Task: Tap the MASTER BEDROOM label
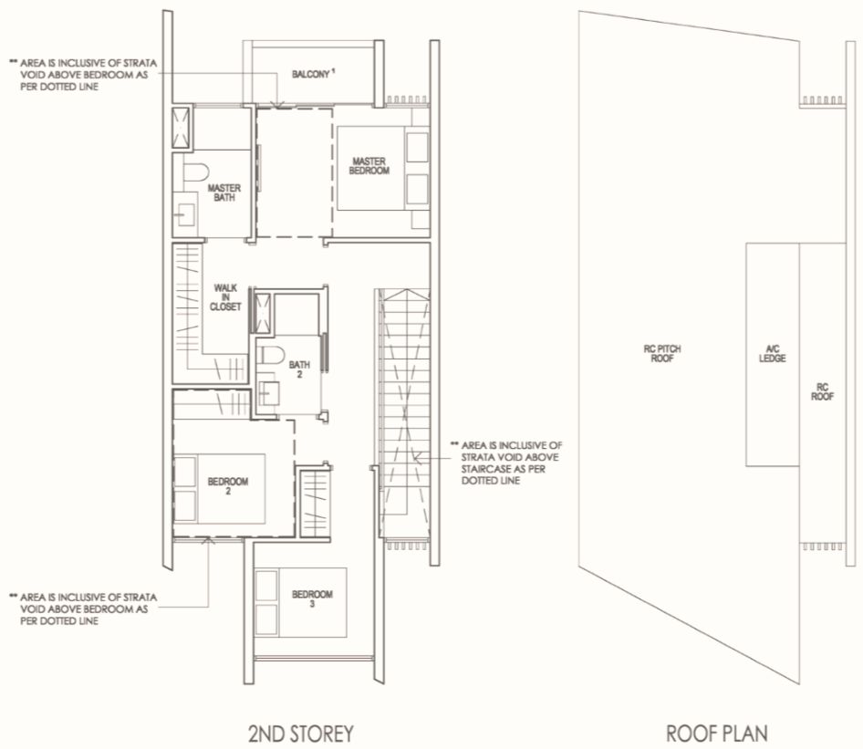coord(369,166)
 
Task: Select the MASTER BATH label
coord(224,192)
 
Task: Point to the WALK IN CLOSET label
coord(225,297)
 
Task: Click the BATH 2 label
coord(299,369)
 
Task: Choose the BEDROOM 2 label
coord(228,486)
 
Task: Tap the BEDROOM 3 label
coord(312,598)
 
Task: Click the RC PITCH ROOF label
coord(662,353)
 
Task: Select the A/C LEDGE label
coord(772,353)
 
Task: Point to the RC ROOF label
coord(822,391)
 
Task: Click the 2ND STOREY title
coord(300,733)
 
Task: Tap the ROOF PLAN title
coord(717,733)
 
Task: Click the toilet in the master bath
coord(195,172)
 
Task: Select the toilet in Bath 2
coord(271,354)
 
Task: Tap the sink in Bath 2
coord(268,393)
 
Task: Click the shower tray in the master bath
coord(181,128)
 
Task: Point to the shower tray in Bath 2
coord(262,313)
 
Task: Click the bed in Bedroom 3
coord(300,603)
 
